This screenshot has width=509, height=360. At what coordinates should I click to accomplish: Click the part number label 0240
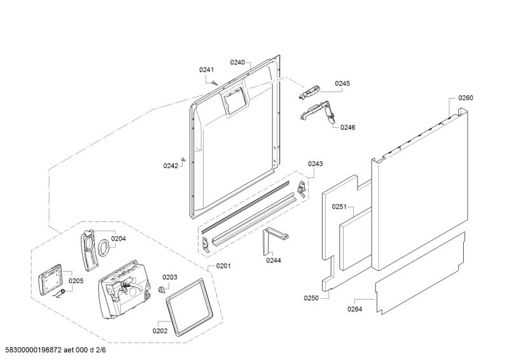[237, 62]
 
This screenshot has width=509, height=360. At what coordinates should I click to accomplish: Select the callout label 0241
[206, 70]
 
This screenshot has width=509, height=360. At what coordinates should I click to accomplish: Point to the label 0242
[171, 165]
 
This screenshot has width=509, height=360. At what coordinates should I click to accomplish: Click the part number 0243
[316, 164]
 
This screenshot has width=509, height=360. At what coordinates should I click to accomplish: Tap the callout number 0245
[343, 83]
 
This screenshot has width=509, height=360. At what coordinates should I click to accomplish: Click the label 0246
[347, 127]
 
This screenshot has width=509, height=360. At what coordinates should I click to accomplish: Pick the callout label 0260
[466, 98]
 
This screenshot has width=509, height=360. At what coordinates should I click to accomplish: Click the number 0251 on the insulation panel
[338, 207]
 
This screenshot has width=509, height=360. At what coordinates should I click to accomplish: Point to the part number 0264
[355, 309]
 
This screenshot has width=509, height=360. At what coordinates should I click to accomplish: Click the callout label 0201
[223, 266]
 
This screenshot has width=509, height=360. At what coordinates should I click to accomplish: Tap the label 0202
[160, 331]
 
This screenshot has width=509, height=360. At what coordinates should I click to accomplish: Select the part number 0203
[170, 277]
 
